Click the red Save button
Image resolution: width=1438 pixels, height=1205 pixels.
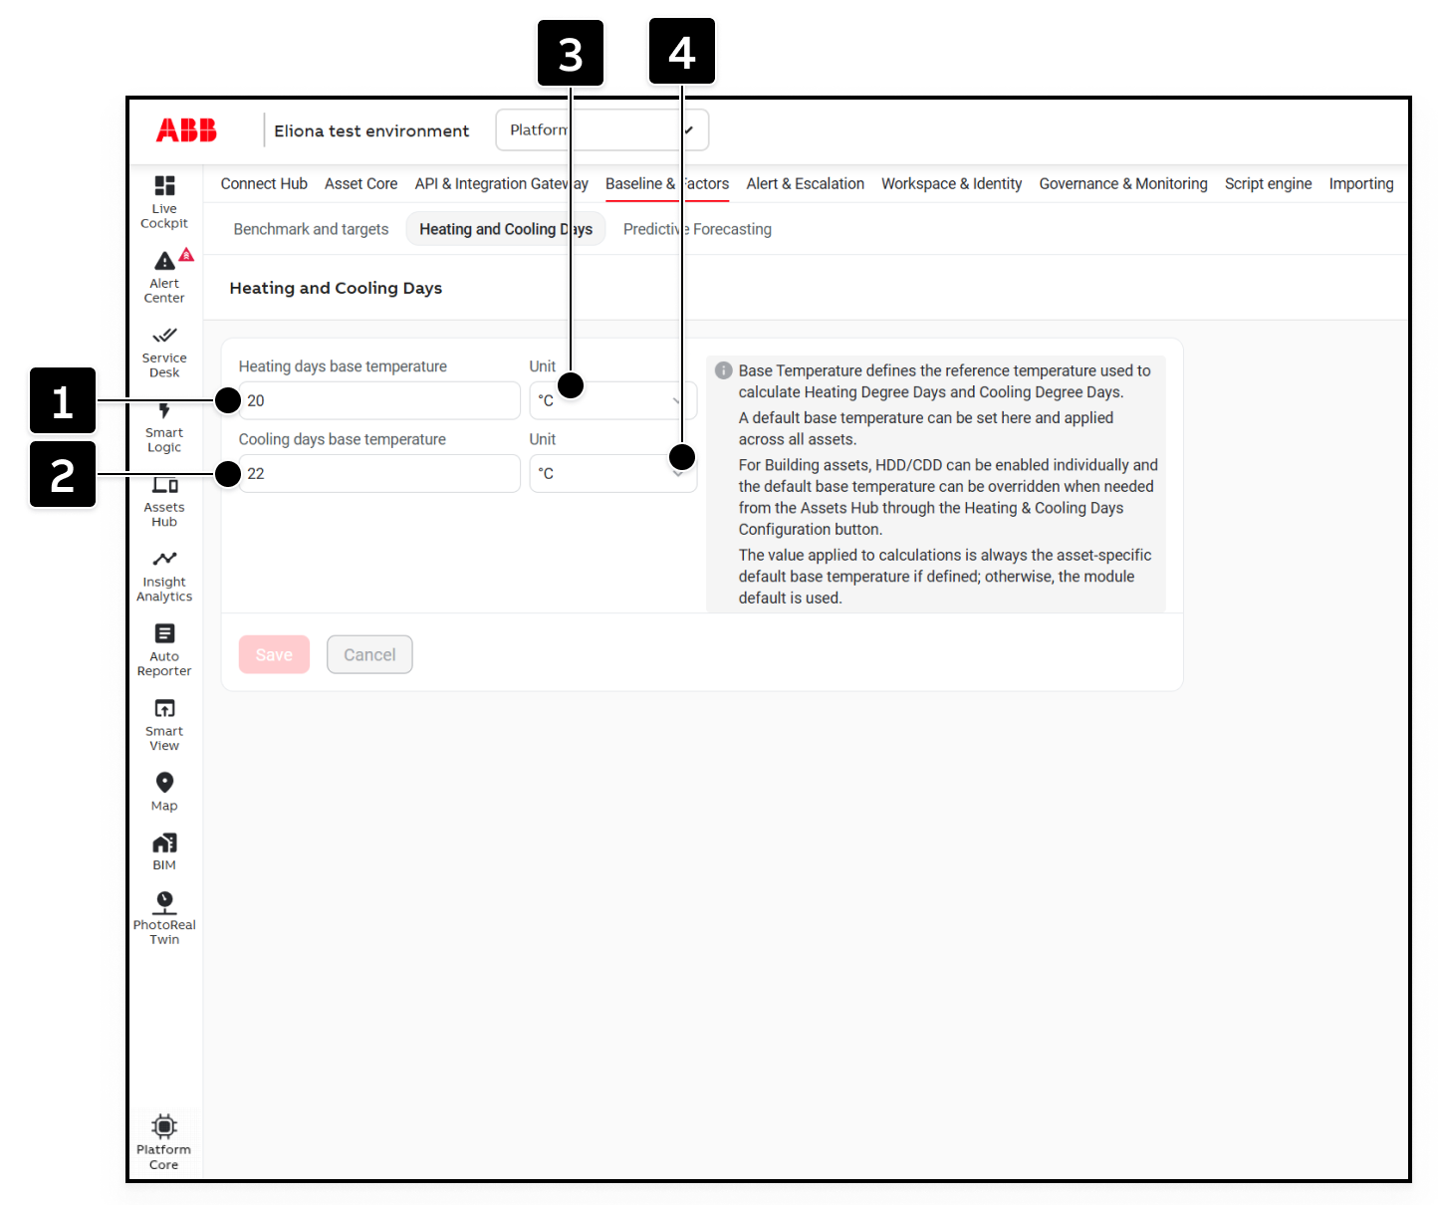click(x=274, y=654)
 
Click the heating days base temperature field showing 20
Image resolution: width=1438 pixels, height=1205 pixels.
click(x=378, y=400)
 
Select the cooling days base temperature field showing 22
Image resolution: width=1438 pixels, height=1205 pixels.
click(x=378, y=473)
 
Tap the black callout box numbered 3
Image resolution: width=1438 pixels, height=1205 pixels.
click(x=571, y=53)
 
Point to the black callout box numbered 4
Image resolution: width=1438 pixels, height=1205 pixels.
click(x=682, y=51)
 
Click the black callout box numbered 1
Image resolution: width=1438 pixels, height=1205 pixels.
click(x=63, y=400)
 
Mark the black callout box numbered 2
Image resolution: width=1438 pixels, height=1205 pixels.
click(x=63, y=474)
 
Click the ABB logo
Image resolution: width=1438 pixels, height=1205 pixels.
click(x=186, y=129)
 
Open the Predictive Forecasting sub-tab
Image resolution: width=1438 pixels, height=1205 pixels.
click(x=697, y=229)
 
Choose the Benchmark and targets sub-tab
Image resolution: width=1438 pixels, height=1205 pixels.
click(x=311, y=229)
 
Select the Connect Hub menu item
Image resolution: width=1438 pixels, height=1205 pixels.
click(x=264, y=184)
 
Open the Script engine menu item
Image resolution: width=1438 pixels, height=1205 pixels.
click(x=1268, y=184)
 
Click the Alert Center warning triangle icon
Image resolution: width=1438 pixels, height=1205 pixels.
click(x=164, y=261)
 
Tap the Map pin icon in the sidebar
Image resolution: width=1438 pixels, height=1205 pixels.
click(x=164, y=783)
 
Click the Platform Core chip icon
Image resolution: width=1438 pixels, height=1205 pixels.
click(x=164, y=1126)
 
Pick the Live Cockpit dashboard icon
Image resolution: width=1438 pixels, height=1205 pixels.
click(x=164, y=185)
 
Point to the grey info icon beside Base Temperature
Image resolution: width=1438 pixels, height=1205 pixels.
click(x=723, y=370)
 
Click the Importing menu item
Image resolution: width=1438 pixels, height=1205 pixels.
click(x=1361, y=184)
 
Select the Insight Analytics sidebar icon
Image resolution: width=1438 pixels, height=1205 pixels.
click(x=164, y=558)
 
